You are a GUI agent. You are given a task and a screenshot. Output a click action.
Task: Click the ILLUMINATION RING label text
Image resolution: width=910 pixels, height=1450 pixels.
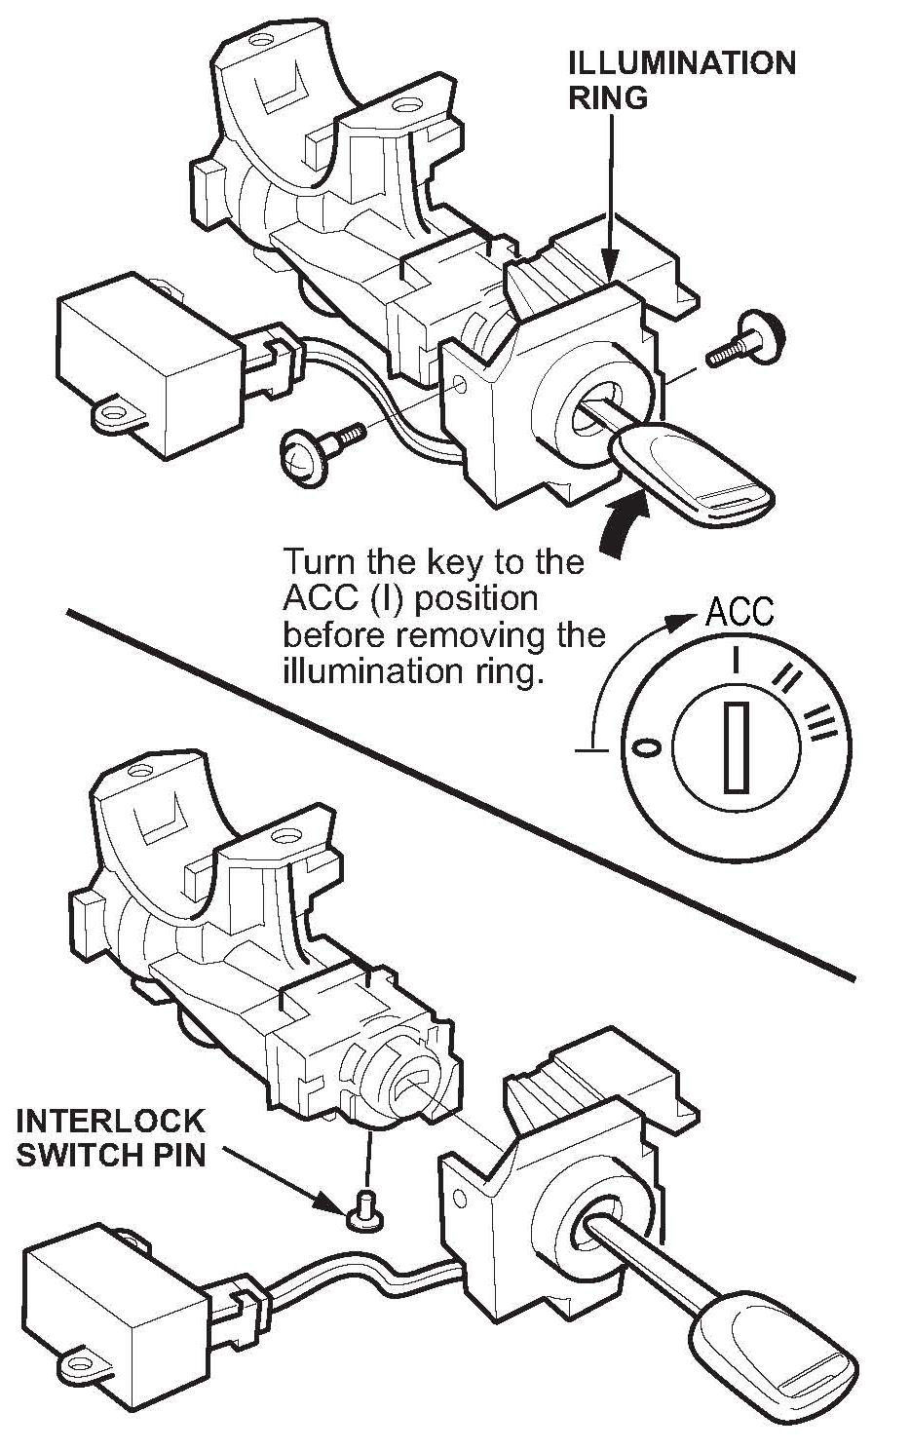[x=681, y=80]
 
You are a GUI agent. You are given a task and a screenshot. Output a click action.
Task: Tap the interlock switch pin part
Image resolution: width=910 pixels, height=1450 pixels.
[x=366, y=1209]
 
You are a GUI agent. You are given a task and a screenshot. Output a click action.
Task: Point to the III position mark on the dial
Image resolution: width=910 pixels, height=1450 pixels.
[x=821, y=722]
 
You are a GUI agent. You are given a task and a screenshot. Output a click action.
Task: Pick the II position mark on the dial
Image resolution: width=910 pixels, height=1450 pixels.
[x=786, y=675]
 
